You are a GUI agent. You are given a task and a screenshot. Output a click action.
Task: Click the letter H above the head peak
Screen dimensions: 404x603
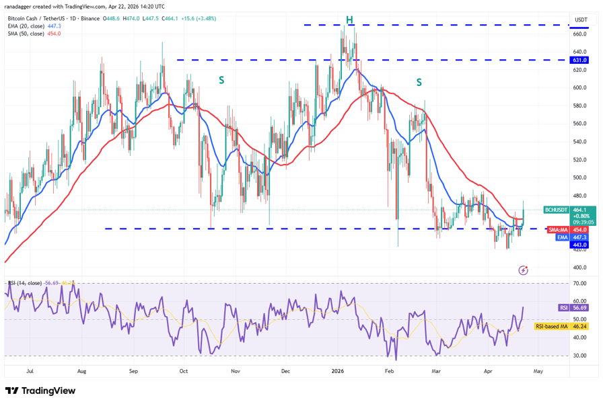coord(350,19)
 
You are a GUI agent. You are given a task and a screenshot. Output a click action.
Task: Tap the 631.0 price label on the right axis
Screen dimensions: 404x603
coord(579,60)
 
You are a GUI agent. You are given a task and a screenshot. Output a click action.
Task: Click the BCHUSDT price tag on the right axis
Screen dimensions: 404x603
coord(557,210)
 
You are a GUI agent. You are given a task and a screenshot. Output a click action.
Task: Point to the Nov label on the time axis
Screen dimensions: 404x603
coord(236,370)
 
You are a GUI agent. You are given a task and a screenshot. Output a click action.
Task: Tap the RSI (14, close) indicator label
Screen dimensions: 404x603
coord(24,284)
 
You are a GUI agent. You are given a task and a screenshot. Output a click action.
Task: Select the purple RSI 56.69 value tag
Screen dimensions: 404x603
coord(564,307)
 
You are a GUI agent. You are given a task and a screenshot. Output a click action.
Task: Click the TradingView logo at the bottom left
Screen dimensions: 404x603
coord(40,391)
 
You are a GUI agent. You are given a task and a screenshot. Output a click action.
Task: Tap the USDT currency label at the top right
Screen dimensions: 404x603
coord(580,19)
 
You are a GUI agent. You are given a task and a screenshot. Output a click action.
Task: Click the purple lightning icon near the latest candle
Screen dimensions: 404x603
coord(524,270)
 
